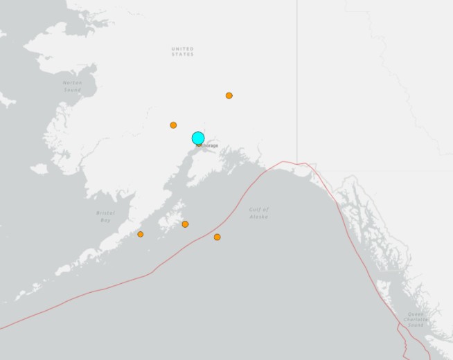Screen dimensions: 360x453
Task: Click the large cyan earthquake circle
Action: [x=198, y=138]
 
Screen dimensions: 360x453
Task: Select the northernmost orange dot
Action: [x=229, y=96]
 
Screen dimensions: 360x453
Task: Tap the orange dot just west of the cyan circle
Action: [x=173, y=125]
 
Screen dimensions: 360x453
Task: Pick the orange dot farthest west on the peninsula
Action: [x=141, y=234]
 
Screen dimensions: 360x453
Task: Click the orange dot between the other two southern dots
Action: [x=185, y=224]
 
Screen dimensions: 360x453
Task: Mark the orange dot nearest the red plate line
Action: [x=217, y=237]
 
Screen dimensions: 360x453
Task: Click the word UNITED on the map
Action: [x=183, y=48]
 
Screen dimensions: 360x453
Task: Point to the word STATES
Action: [x=183, y=54]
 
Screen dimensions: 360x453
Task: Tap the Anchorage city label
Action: [x=208, y=145]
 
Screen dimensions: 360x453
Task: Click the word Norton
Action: [x=72, y=82]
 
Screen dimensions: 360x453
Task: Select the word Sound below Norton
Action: [x=72, y=89]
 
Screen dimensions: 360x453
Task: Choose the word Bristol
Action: [x=105, y=213]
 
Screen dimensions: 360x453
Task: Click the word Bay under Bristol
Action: [x=105, y=219]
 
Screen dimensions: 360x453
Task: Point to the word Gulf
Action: [x=258, y=209]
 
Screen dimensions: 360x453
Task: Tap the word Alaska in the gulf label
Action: [x=258, y=217]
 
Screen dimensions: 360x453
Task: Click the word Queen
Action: [x=416, y=314]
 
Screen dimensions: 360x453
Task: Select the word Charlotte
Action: [x=416, y=319]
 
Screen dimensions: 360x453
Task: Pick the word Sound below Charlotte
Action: [x=416, y=325]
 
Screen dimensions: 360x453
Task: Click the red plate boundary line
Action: [x=139, y=277]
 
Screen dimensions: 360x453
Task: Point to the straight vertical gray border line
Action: [x=298, y=69]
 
